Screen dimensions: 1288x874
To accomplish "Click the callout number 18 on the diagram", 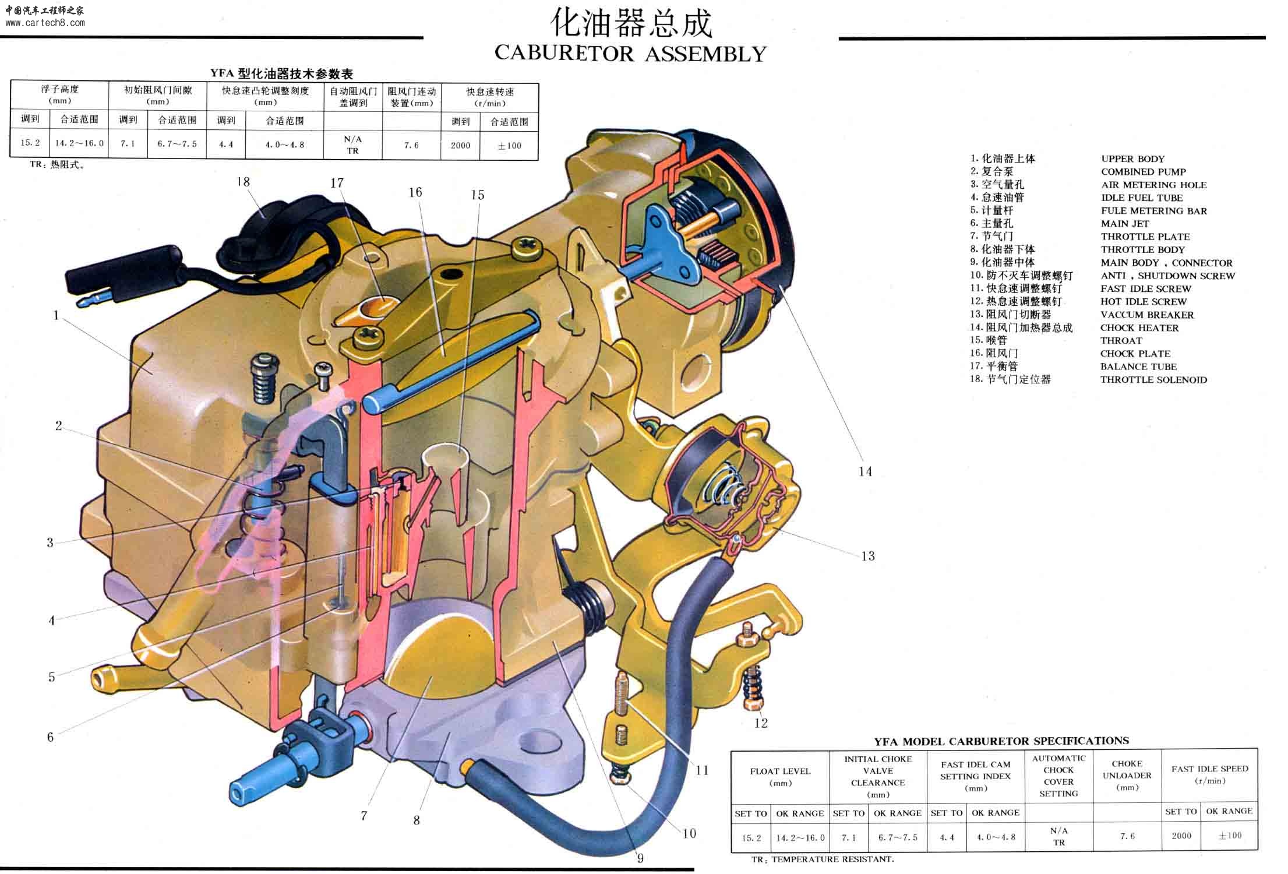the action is [x=243, y=182].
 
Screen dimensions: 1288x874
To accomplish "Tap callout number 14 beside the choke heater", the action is [x=865, y=471].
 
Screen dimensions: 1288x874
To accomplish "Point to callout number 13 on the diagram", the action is [x=868, y=556].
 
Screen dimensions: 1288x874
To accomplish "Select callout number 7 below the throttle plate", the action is [x=364, y=816].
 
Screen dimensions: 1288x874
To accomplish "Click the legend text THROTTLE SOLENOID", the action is [x=1153, y=380].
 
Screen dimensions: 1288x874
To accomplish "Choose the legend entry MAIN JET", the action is [x=1125, y=224].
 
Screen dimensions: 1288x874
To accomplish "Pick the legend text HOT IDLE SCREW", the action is [x=1144, y=302].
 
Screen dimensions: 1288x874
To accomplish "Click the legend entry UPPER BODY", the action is [x=1132, y=159].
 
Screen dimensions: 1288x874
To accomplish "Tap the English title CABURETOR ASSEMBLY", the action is [x=630, y=54].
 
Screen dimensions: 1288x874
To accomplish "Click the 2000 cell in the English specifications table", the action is [x=1181, y=836].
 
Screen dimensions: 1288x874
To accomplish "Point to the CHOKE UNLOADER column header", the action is [x=1127, y=776].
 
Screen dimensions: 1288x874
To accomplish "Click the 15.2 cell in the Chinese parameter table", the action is [x=30, y=143].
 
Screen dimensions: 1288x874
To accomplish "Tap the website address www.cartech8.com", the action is [x=45, y=23].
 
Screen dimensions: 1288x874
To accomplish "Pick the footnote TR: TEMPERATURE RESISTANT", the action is [x=823, y=859].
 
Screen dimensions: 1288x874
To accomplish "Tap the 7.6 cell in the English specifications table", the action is [x=1127, y=836].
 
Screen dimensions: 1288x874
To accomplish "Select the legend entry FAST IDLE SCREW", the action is [x=1146, y=289].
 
